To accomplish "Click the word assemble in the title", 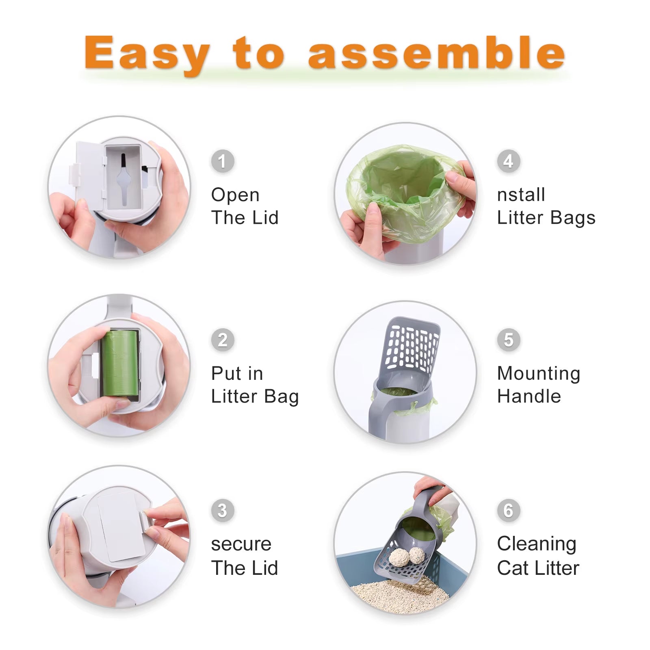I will tap(437, 53).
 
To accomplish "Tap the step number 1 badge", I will tap(222, 161).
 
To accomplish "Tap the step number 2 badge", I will tap(222, 340).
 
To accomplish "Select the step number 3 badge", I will tap(222, 511).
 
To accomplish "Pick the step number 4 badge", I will tap(508, 161).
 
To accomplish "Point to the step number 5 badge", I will tap(508, 340).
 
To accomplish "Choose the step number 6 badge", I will tap(508, 511).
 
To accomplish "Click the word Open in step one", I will tap(235, 195).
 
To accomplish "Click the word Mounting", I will tap(539, 374).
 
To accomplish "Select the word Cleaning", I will tap(537, 544).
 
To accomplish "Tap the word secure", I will tap(241, 544).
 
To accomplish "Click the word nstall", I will tap(521, 195).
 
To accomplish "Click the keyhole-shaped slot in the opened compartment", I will tap(123, 179).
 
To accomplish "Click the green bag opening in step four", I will tap(404, 183).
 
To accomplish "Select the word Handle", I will tap(529, 396).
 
